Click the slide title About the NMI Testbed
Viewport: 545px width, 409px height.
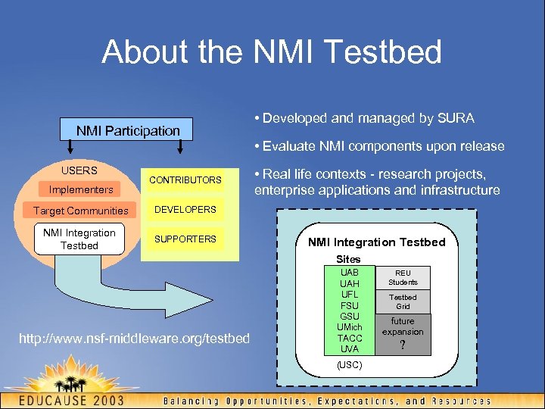coord(272,52)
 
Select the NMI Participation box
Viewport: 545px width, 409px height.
coord(128,130)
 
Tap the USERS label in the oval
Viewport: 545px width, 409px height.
coord(79,170)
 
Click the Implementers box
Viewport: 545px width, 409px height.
coord(81,189)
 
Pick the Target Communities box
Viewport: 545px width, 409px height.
coord(81,211)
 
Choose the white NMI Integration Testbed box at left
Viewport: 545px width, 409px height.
coord(79,239)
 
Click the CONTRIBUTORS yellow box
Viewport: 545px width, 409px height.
coord(185,180)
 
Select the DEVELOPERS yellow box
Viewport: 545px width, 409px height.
coord(185,209)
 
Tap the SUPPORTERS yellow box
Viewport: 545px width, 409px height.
coord(185,239)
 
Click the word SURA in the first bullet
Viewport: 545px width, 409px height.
coord(456,118)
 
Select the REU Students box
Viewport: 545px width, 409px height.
coord(403,277)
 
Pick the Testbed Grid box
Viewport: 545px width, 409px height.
coord(403,301)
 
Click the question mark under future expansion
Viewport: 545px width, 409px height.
coord(403,345)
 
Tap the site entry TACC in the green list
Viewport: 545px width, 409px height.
coord(350,338)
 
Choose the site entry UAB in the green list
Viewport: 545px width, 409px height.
coord(350,272)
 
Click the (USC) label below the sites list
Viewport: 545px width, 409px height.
coord(350,365)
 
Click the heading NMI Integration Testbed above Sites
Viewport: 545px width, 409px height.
coord(376,242)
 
